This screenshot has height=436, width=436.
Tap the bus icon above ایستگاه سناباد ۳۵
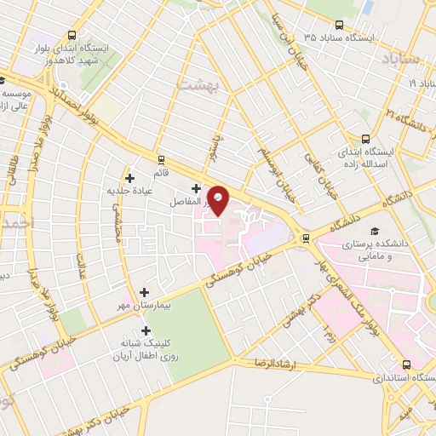[339, 25]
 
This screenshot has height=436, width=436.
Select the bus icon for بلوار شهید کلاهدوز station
[72, 36]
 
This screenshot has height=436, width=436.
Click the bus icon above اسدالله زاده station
[366, 139]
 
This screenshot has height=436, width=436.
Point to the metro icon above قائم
[161, 159]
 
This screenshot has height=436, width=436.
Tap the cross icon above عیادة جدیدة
[129, 178]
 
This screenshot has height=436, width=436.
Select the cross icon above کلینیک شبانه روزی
[146, 330]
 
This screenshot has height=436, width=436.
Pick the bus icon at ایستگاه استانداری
[405, 363]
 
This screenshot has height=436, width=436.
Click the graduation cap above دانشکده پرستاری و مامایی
[372, 230]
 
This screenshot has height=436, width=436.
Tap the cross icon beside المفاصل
[197, 188]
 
